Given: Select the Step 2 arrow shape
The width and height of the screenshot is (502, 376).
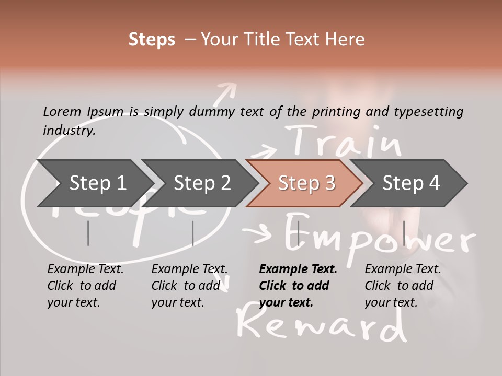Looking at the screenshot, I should tap(201, 183).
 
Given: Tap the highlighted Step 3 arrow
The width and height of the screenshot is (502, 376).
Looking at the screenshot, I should tap(306, 183).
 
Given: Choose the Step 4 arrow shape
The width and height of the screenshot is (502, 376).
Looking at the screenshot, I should tap(411, 183).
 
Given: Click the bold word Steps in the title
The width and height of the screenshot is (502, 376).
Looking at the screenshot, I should tap(152, 40).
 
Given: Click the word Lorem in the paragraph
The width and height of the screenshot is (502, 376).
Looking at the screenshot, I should tap(63, 111).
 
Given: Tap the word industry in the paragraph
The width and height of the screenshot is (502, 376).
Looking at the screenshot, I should tap(69, 130).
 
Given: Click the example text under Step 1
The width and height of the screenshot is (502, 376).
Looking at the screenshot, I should tap(85, 286).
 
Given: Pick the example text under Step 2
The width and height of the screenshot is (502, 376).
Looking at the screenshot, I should tap(189, 286).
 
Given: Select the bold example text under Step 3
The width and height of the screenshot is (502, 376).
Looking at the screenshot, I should tap(297, 286).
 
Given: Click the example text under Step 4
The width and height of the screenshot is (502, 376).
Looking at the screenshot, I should tap(402, 286).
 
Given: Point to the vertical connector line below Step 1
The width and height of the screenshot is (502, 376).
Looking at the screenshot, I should tap(88, 233).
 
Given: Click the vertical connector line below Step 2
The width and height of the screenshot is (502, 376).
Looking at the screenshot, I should tap(193, 233).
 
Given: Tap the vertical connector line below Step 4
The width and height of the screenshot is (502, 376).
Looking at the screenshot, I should tap(404, 233).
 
